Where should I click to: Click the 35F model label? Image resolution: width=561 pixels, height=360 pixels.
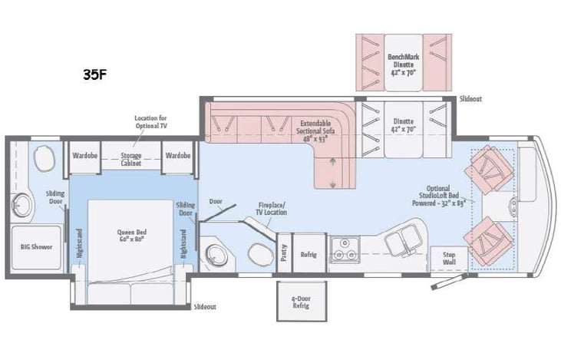point(96,75)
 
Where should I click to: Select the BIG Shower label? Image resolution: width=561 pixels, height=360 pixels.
point(35,247)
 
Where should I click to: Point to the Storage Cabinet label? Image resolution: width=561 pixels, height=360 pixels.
point(130,159)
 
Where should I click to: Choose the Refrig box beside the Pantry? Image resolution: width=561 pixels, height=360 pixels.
point(309,252)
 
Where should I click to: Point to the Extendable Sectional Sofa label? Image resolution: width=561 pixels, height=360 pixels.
point(315,130)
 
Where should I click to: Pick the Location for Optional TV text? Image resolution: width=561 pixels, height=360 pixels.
point(150,122)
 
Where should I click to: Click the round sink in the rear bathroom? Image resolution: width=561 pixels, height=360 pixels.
point(21,204)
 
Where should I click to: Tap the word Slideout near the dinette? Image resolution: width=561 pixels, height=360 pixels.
point(470,99)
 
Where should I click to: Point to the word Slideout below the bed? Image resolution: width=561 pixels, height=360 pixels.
point(204,306)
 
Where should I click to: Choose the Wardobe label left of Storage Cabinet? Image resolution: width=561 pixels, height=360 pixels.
point(84,155)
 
